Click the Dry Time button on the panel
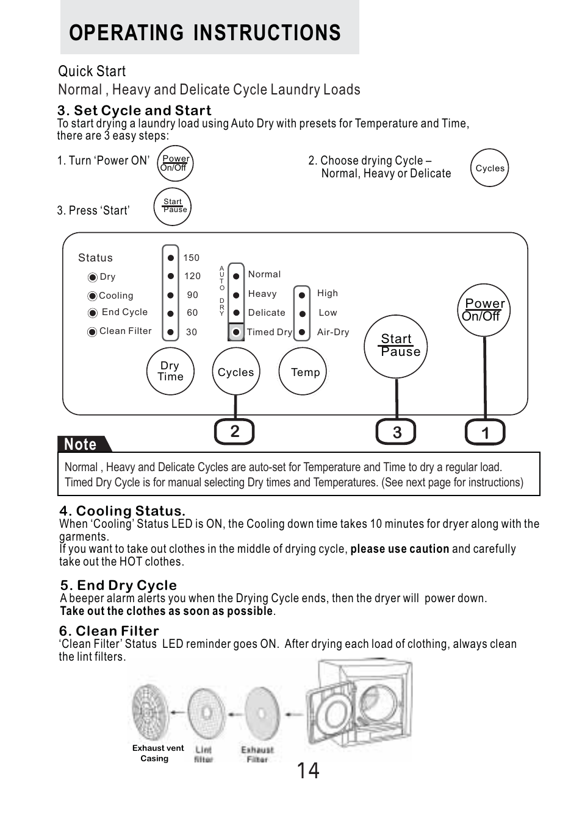pos(170,371)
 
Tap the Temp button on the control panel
pos(303,372)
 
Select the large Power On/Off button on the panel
pos(484,310)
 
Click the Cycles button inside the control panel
pos(235,372)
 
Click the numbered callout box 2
pos(234,432)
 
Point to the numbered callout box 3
pos(397,433)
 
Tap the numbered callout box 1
pos(485,433)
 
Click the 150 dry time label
pos(192,258)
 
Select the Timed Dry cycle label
pos(269,332)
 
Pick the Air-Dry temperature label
pos(333,332)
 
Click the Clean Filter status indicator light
pos(92,332)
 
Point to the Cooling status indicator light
pos(92,296)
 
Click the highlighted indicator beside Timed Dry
pos(235,332)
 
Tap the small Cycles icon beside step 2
pos(490,168)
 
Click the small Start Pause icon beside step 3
pos(173,206)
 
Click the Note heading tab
pos(82,444)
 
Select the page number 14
pos(308,771)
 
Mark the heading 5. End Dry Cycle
pos(118,585)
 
